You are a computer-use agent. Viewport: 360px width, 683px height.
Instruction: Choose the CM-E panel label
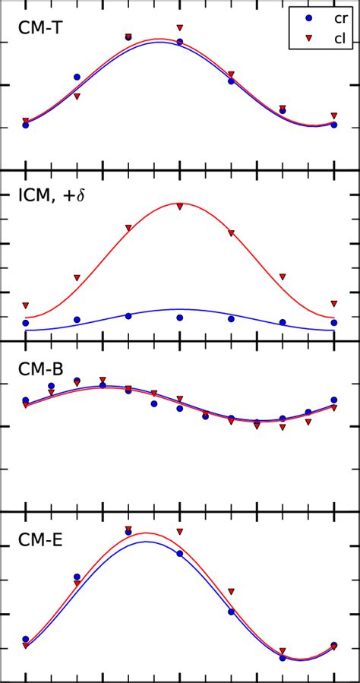point(40,541)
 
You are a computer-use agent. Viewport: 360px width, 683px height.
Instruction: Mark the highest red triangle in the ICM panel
point(180,206)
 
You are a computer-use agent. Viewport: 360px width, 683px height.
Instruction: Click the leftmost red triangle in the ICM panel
point(26,305)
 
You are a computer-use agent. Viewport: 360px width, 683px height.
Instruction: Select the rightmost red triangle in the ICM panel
point(334,303)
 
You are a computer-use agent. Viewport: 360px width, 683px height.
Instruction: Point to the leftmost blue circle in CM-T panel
point(26,125)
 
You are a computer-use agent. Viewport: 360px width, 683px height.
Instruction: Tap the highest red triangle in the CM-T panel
point(180,28)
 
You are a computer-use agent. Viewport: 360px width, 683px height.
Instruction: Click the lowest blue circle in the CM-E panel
point(283,658)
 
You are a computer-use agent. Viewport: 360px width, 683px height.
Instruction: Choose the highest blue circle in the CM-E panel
point(128,532)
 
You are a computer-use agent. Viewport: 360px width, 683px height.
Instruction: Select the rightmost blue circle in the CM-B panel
point(334,400)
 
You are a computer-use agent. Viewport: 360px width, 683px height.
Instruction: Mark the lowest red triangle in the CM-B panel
point(283,427)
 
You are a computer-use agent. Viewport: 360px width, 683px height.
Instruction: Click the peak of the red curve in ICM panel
point(180,203)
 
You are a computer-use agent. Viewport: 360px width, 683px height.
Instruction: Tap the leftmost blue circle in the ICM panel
point(26,323)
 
